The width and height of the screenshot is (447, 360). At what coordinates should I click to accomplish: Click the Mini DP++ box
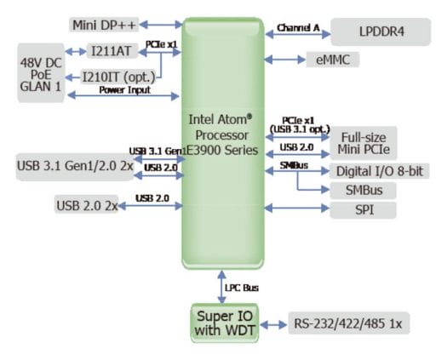pyautogui.click(x=104, y=25)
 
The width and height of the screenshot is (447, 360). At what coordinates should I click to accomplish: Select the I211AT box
pyautogui.click(x=112, y=51)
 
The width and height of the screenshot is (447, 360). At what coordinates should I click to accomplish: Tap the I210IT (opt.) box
pyautogui.click(x=119, y=77)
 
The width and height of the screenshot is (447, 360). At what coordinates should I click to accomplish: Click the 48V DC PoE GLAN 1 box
pyautogui.click(x=41, y=73)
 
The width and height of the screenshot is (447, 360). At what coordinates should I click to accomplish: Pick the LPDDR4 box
pyautogui.click(x=381, y=31)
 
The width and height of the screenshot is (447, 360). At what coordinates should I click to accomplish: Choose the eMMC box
pyautogui.click(x=333, y=60)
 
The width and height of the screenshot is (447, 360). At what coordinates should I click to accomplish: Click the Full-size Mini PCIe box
pyautogui.click(x=364, y=143)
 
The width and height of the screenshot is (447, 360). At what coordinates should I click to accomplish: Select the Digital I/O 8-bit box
pyautogui.click(x=380, y=171)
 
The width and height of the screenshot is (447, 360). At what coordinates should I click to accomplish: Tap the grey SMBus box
pyautogui.click(x=364, y=190)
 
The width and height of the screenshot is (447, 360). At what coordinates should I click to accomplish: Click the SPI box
pyautogui.click(x=364, y=210)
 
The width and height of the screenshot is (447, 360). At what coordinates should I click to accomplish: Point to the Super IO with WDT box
pyautogui.click(x=225, y=323)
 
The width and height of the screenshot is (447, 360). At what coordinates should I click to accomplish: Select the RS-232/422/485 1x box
pyautogui.click(x=348, y=323)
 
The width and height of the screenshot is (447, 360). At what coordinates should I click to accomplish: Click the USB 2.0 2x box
pyautogui.click(x=86, y=204)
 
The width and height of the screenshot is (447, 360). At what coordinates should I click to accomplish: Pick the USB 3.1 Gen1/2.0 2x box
pyautogui.click(x=75, y=167)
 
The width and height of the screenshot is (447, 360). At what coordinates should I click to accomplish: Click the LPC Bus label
pyautogui.click(x=242, y=288)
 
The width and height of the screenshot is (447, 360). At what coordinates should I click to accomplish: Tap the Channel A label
pyautogui.click(x=298, y=27)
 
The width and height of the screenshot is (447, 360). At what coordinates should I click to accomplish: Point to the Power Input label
pyautogui.click(x=125, y=89)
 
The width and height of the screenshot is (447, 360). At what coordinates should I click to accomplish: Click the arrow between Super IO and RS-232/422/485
pyautogui.click(x=273, y=324)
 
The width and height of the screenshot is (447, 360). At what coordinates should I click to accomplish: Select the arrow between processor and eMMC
pyautogui.click(x=284, y=60)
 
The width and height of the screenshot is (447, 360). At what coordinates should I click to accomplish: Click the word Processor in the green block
pyautogui.click(x=221, y=135)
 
